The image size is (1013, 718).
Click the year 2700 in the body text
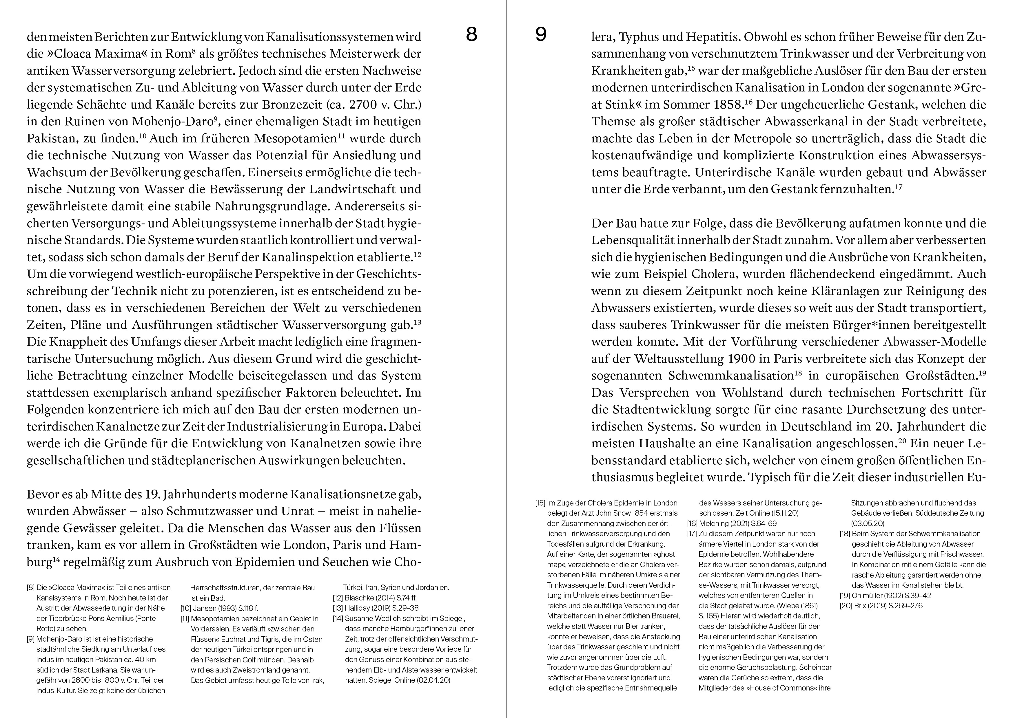tap(364, 105)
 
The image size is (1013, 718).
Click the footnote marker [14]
tap(338, 618)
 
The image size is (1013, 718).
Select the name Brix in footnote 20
tap(858, 606)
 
